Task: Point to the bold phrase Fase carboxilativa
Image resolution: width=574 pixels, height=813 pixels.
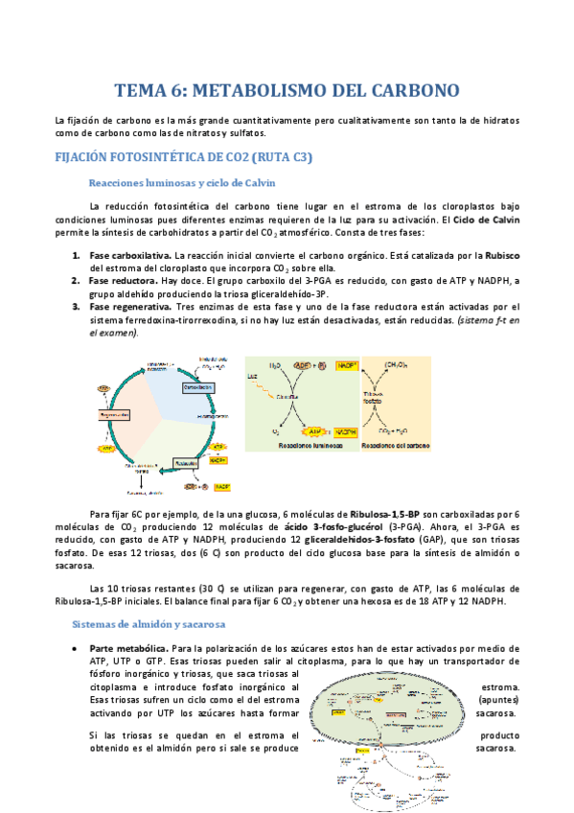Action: point(129,256)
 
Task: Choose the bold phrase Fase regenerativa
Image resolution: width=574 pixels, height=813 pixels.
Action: point(129,307)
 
